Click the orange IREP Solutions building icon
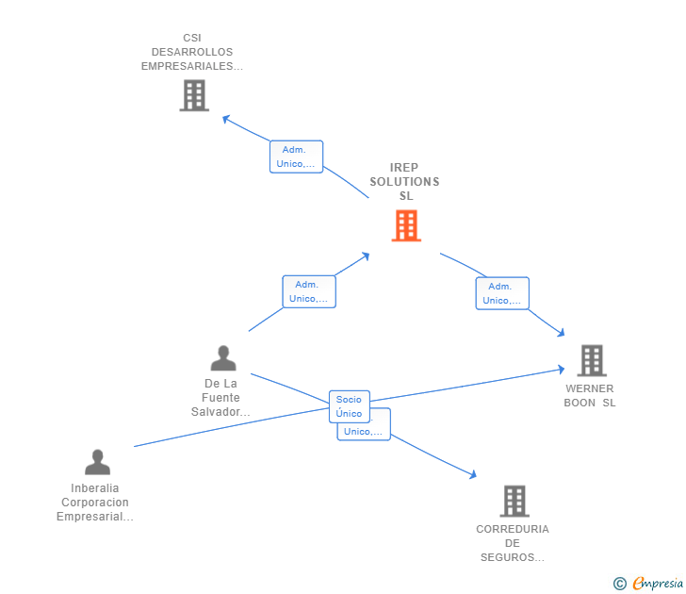(x=406, y=225)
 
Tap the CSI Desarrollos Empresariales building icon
(x=193, y=95)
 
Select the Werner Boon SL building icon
(x=591, y=360)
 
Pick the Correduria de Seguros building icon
(x=514, y=501)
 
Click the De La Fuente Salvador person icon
(x=223, y=358)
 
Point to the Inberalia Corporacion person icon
(x=97, y=462)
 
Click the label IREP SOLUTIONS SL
(x=404, y=182)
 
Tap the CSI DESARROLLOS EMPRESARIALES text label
(x=192, y=52)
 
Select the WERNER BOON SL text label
(x=590, y=395)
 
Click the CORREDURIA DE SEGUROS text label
(x=513, y=543)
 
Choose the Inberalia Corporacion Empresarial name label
(x=95, y=503)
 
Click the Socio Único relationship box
(x=349, y=406)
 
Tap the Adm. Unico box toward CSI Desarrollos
(x=296, y=157)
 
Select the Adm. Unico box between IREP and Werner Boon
(x=502, y=293)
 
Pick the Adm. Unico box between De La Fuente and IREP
(x=309, y=291)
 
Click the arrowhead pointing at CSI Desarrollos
(x=226, y=118)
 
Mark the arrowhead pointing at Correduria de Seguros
(x=474, y=475)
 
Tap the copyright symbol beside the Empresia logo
(x=619, y=584)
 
